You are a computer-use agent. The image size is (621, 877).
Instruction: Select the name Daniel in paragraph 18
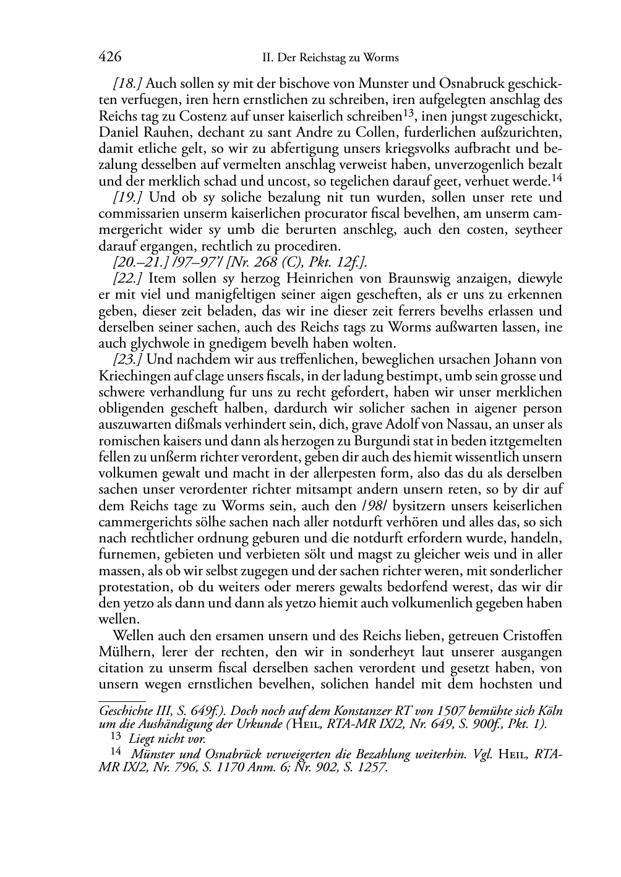click(118, 132)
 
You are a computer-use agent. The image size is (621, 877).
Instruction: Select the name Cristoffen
click(531, 636)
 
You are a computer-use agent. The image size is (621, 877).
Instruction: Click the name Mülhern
click(122, 652)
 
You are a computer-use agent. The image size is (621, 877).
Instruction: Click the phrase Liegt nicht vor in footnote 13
click(167, 738)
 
